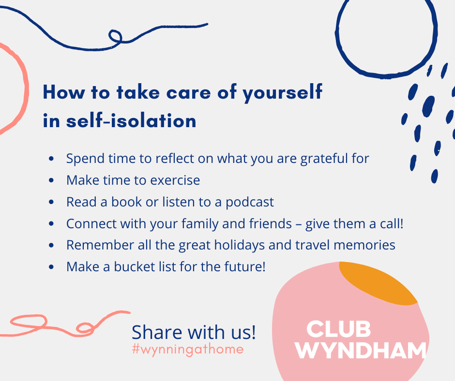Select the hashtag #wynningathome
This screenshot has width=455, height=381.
[188, 349]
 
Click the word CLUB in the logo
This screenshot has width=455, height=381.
[338, 329]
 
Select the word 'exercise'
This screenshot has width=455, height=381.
[175, 180]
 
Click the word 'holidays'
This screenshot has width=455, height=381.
[240, 245]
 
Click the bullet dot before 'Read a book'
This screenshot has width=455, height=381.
[51, 202]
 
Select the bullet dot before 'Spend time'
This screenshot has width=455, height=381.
[51, 159]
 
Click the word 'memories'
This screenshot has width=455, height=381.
[364, 245]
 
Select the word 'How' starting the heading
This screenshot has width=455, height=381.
[64, 92]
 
